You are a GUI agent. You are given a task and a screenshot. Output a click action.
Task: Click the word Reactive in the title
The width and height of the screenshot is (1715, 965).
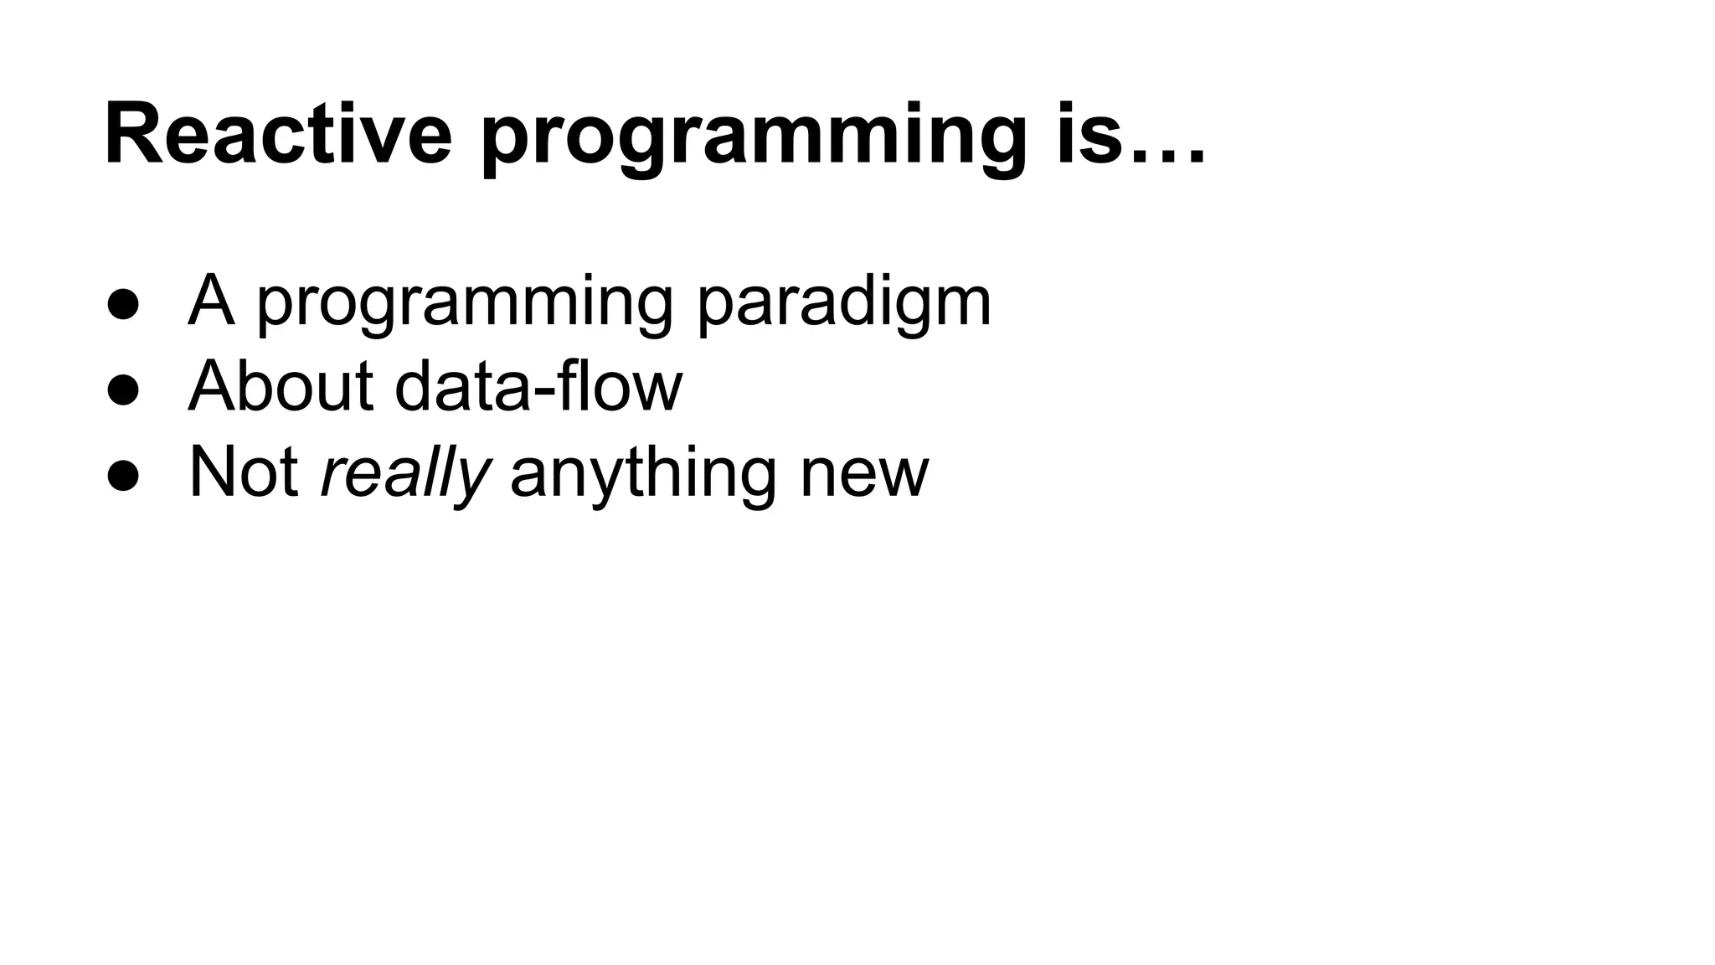(277, 134)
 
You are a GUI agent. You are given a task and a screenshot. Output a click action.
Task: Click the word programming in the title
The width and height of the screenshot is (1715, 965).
(753, 138)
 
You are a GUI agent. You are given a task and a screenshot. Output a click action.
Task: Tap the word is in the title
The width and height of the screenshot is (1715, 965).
(1088, 134)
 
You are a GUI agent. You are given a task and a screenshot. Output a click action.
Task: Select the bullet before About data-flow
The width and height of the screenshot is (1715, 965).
(123, 390)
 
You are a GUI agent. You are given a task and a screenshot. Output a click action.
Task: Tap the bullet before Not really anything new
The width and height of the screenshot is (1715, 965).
(123, 476)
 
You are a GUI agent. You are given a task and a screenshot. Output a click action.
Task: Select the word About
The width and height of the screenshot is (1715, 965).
(281, 386)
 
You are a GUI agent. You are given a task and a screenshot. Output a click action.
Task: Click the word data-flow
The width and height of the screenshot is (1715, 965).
(538, 386)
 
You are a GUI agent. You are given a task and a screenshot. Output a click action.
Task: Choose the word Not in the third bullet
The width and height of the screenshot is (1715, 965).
(244, 472)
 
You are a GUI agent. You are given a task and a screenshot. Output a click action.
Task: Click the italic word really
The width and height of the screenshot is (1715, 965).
(404, 475)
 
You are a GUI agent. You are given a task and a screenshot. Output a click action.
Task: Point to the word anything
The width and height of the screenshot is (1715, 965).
(642, 475)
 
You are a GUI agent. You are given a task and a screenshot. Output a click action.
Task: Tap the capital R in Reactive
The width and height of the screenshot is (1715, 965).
(135, 134)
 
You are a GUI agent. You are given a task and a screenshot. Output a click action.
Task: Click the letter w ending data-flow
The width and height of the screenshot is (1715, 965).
(657, 395)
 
